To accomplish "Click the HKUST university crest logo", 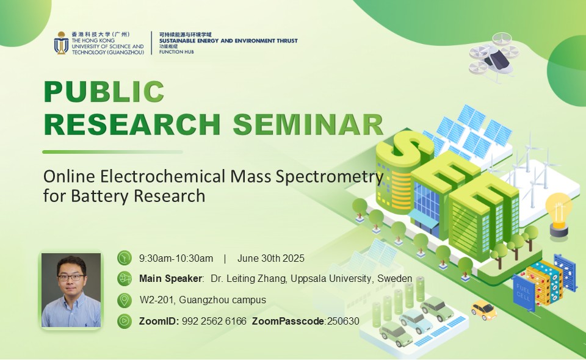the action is tap(61, 43).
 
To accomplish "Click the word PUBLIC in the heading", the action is tap(104, 92).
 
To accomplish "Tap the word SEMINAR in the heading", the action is tap(308, 124).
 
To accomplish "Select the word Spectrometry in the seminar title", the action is tap(330, 176).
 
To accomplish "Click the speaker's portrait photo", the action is tap(71, 290).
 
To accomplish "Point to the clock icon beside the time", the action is tap(125, 258).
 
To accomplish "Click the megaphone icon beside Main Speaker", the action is tap(125, 279).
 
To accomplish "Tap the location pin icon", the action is tap(125, 300).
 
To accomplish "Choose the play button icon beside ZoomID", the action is tap(125, 321).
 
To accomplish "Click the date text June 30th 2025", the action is tap(271, 259).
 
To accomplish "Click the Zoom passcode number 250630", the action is tap(343, 321).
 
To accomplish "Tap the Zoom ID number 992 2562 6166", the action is tap(214, 321).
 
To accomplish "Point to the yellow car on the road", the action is tap(483, 310).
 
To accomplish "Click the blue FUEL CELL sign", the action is tap(523, 293).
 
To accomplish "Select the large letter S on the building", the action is tap(408, 149).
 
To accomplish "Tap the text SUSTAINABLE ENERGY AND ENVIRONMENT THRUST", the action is tap(228, 41).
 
